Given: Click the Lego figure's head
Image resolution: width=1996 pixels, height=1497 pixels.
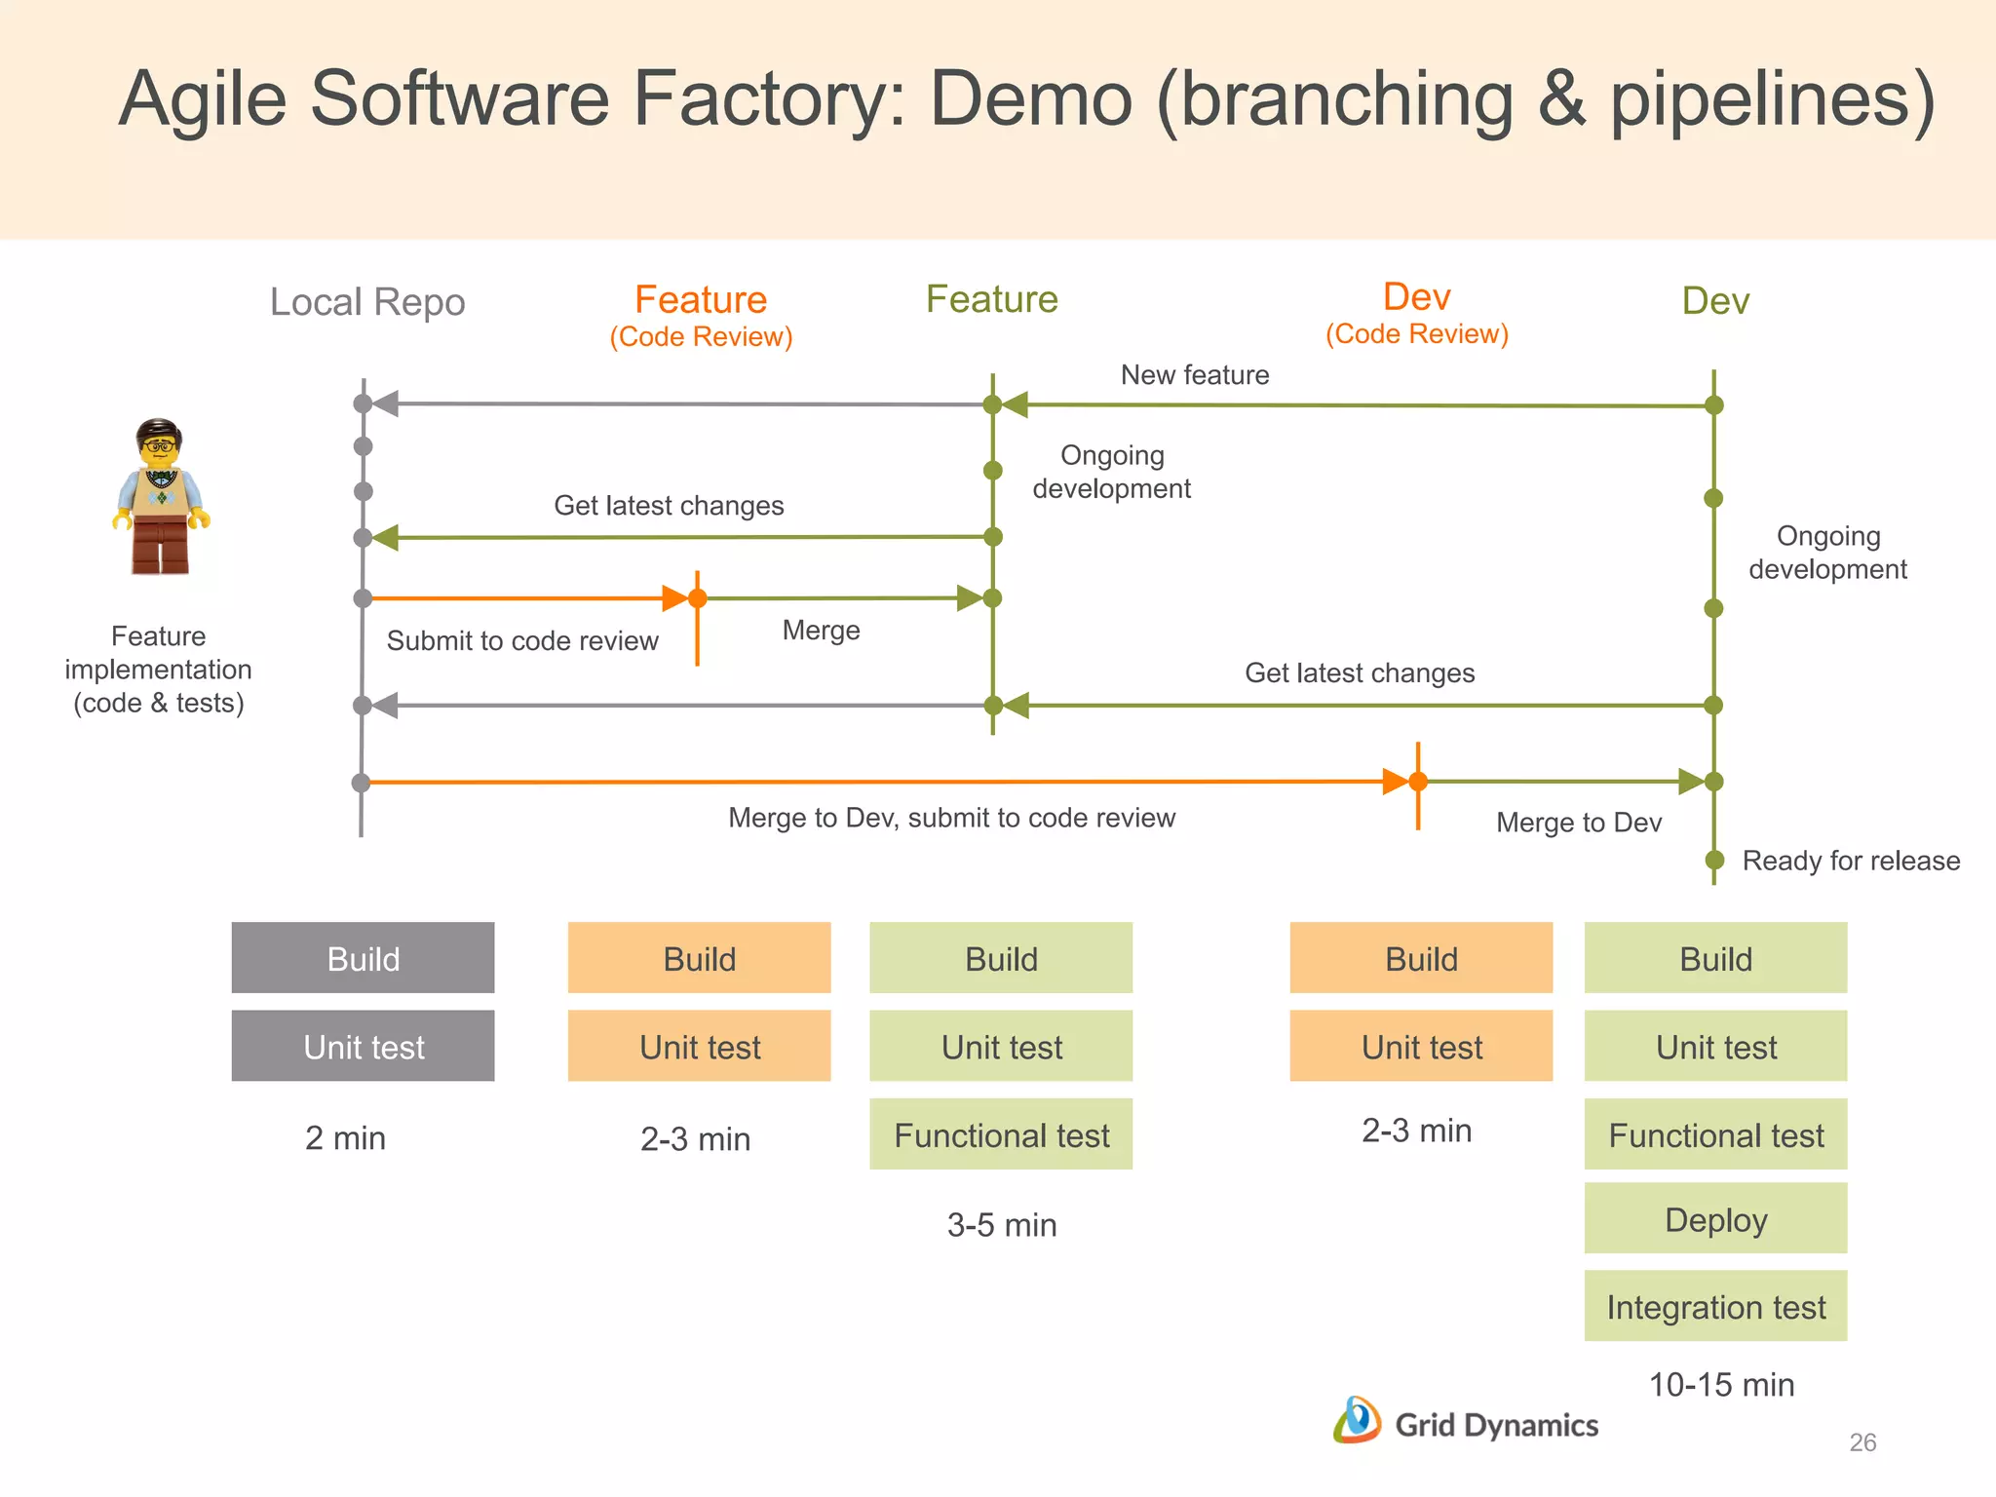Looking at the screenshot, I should [159, 445].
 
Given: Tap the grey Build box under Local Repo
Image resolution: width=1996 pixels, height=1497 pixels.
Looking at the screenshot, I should [363, 958].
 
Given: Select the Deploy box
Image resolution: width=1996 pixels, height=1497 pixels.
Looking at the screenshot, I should [1715, 1219].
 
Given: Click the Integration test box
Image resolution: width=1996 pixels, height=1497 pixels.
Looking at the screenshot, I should [1715, 1307].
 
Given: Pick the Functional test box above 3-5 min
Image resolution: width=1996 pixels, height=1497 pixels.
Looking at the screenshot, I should [1001, 1134].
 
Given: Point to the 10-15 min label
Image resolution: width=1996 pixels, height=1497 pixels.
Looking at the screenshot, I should [1721, 1385].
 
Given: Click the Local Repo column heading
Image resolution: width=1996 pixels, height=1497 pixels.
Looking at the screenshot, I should [367, 302].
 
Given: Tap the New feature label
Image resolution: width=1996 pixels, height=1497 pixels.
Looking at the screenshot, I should [1195, 375].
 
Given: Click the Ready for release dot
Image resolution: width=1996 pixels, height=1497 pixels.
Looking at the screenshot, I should [1714, 861].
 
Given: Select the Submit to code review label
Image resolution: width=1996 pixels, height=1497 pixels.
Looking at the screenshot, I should [522, 641].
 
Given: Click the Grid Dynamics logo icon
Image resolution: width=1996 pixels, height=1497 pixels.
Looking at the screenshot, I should [1357, 1420].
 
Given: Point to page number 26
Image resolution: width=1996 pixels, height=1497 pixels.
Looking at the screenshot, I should [1862, 1442].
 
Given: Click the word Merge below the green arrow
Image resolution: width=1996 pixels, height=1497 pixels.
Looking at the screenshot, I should [821, 631].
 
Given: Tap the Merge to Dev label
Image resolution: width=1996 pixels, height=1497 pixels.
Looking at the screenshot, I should [1579, 823].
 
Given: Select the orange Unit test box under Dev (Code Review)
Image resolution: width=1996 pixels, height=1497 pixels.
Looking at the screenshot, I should [1421, 1047].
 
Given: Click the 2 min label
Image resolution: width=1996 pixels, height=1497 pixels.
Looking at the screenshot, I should [345, 1138].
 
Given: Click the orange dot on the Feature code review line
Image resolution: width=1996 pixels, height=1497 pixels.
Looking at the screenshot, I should [698, 598].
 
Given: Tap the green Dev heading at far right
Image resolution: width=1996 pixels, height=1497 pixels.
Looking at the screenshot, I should [1715, 301].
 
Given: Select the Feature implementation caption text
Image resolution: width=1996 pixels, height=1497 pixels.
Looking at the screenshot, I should [158, 670].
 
